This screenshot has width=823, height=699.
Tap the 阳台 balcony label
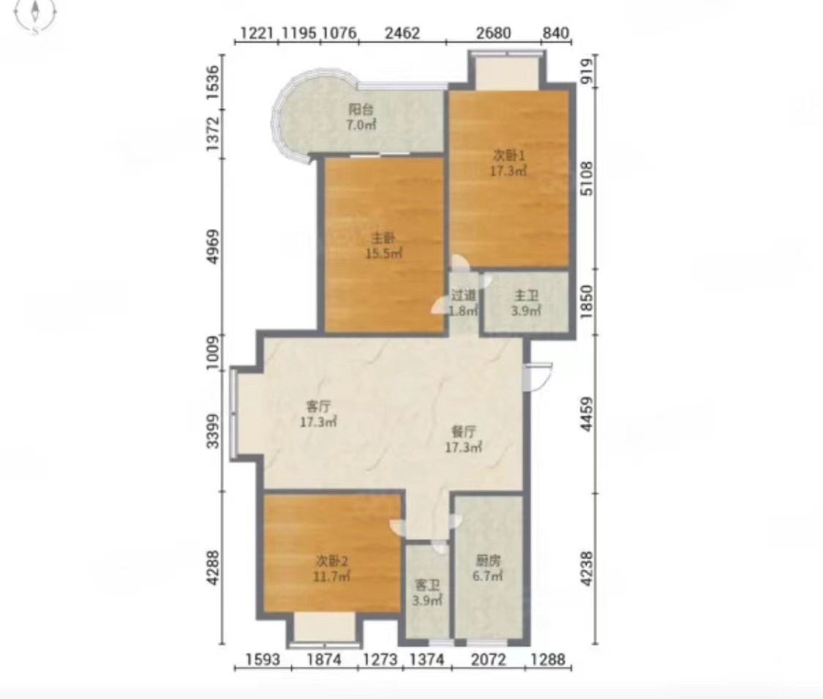point(361,110)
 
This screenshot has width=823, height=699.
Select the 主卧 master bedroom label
point(383,239)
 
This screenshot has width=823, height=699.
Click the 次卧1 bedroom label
point(508,156)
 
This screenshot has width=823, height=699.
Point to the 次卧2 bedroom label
point(331,561)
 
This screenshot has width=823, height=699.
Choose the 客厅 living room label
point(318,406)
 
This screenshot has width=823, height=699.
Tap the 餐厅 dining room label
point(464,432)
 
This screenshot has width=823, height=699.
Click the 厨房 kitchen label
point(488,561)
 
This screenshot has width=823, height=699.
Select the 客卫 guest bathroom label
point(427,585)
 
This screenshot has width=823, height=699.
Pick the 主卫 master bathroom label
point(526,296)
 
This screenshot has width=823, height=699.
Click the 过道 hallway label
point(464,295)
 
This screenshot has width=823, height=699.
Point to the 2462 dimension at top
point(402,33)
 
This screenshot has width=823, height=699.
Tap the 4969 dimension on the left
point(213,247)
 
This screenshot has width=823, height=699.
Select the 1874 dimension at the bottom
point(324,659)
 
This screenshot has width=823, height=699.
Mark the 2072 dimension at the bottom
point(488,659)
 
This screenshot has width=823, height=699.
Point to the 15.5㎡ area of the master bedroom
point(384,254)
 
